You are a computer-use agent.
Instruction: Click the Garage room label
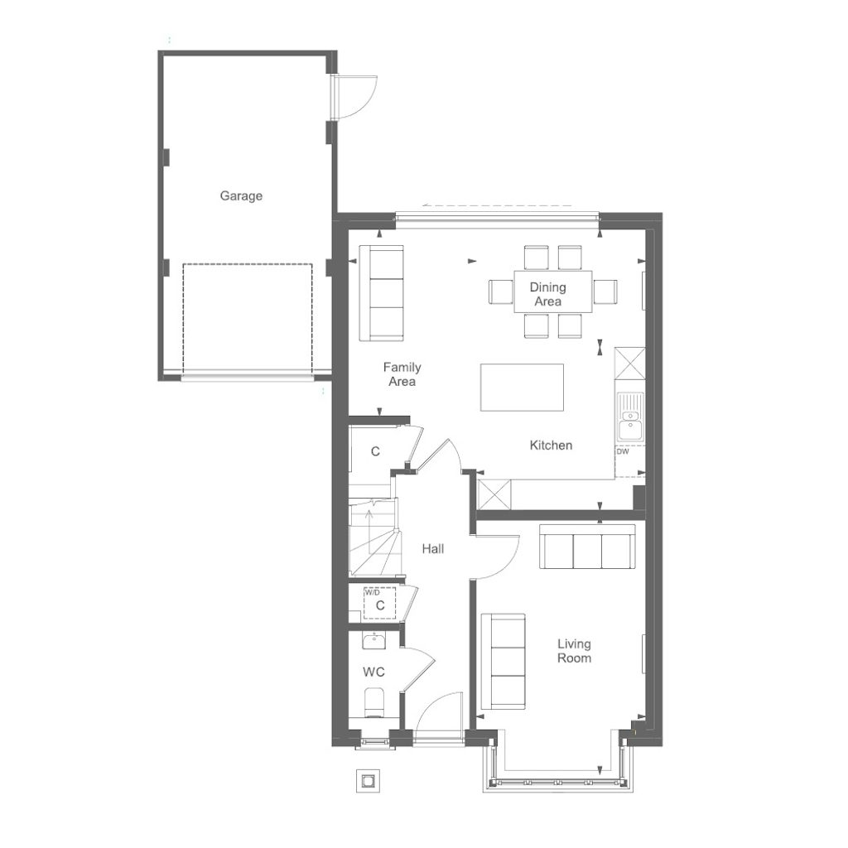[241, 196]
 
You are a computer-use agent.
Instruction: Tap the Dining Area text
[548, 294]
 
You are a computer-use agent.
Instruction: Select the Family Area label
[402, 374]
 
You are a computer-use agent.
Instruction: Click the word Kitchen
[551, 445]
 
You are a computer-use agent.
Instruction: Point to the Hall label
[433, 548]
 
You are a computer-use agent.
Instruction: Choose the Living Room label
[574, 651]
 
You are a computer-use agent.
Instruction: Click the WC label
[373, 672]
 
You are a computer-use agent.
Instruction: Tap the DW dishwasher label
[623, 452]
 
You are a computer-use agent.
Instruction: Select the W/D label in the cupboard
[373, 593]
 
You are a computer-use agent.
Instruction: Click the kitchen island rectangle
[522, 387]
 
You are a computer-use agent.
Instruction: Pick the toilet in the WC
[375, 703]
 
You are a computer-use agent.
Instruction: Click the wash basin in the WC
[374, 643]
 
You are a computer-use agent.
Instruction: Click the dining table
[552, 291]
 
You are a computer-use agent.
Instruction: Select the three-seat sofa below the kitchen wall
[587, 547]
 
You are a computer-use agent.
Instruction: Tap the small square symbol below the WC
[367, 780]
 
